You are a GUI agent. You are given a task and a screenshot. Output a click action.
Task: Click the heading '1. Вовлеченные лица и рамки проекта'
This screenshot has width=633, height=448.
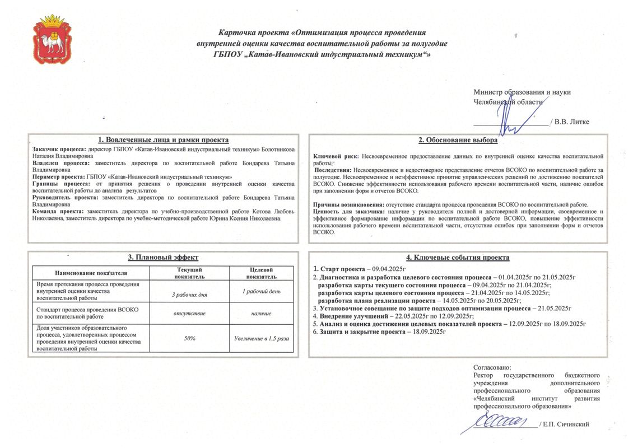163,140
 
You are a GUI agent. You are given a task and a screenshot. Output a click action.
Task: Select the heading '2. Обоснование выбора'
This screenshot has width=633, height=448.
458,140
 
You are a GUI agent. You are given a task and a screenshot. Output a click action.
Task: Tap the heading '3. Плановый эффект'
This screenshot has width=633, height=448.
163,257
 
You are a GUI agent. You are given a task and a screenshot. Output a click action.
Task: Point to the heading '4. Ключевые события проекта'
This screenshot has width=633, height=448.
458,258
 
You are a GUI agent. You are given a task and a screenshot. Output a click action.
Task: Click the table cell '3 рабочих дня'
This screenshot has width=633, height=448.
189,294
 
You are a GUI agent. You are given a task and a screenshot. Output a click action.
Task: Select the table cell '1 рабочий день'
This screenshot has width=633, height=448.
261,291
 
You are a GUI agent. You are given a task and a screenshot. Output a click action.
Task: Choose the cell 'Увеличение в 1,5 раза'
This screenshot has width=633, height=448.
261,339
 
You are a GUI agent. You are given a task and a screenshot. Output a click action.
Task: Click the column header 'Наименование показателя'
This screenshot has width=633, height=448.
91,273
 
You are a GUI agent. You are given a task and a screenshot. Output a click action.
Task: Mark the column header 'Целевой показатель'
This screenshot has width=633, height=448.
261,273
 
